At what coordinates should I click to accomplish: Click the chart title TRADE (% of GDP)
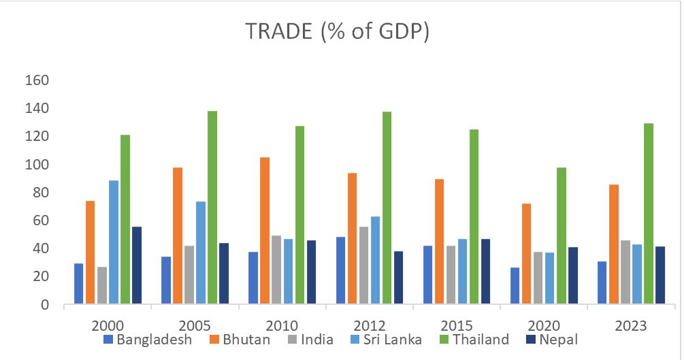pos(338,33)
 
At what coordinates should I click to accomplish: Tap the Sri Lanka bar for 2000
pos(114,242)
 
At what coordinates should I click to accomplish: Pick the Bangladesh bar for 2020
pos(515,286)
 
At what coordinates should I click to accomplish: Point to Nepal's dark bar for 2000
pos(137,265)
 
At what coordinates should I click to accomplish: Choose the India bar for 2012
pos(363,265)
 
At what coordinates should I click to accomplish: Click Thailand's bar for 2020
pos(561,235)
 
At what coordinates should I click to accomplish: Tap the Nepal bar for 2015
pos(485,271)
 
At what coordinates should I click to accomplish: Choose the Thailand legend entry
pos(476,339)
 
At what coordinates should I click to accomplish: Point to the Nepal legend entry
pos(552,339)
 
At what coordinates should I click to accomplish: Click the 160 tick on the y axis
pos(37,80)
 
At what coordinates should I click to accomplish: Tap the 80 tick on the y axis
pos(41,193)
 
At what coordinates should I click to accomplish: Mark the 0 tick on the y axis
pos(45,305)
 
